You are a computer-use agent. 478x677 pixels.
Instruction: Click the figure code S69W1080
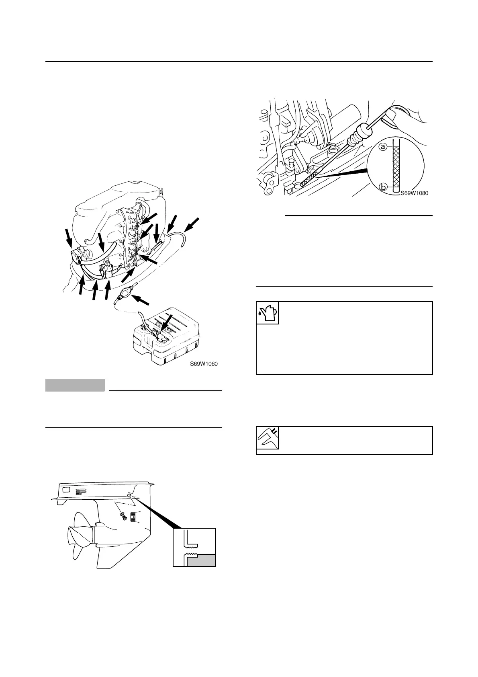414,193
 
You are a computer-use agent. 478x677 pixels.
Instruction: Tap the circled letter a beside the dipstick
383,147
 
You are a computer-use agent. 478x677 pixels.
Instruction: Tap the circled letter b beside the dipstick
383,187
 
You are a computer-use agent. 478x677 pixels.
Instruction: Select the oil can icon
267,313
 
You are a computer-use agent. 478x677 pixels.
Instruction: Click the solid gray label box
75,385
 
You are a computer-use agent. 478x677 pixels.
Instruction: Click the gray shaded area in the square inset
201,559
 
